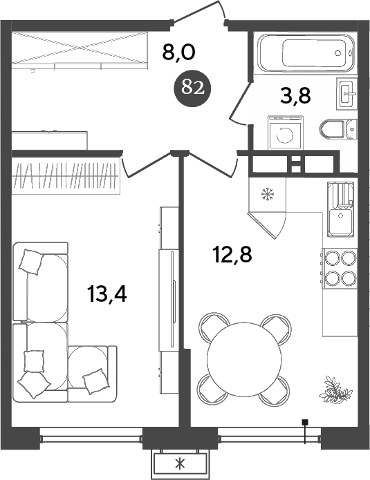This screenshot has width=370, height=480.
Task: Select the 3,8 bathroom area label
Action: pyautogui.click(x=295, y=95)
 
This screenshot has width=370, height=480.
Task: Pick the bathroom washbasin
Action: pyautogui.click(x=346, y=93)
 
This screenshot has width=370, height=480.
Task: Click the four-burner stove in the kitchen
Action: pyautogui.click(x=340, y=268)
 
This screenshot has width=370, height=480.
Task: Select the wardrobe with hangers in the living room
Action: pyautogui.click(x=67, y=177)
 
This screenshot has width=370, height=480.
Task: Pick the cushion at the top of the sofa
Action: pyautogui.click(x=31, y=261)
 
